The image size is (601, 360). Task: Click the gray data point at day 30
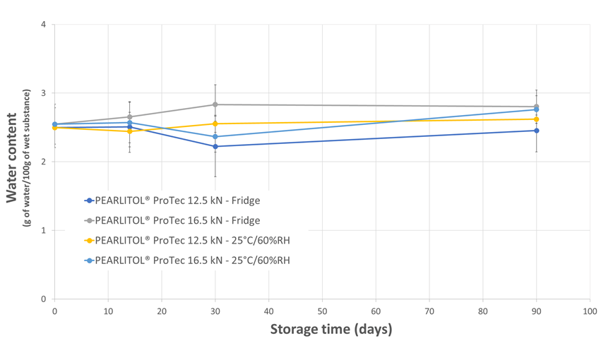point(215,104)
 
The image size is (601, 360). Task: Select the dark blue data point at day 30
point(215,146)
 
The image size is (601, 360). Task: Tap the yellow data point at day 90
point(537,119)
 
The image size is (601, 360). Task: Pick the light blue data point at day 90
point(537,109)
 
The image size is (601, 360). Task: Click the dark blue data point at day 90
point(537,131)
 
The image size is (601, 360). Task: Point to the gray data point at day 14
point(129,116)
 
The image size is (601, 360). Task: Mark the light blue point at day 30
point(215,136)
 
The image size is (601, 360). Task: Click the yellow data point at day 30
point(215,124)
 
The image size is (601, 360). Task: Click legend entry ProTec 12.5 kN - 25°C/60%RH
point(191,240)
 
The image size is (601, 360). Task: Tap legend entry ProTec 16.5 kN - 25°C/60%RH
point(191,260)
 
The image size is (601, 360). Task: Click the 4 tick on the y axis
point(44,25)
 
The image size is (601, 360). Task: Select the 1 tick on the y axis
point(44,230)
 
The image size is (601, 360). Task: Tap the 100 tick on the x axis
point(590,311)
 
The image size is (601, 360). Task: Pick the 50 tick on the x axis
point(322,311)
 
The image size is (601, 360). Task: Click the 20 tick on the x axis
point(162,311)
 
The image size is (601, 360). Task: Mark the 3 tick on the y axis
point(44,93)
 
